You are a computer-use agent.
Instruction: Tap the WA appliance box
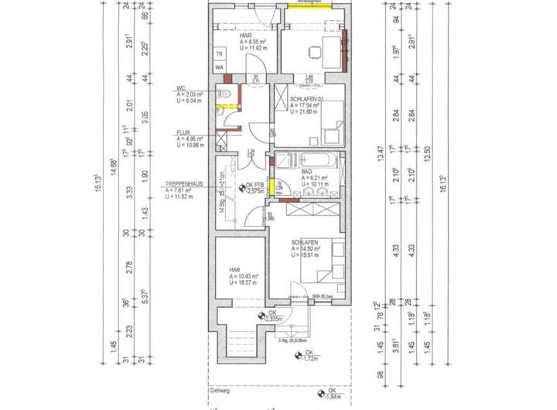click(220, 68)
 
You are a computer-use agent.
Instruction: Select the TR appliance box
click(220, 54)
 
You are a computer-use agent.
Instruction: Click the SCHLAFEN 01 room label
click(306, 100)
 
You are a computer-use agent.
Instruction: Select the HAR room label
click(234, 270)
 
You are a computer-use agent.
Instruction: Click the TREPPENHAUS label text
click(183, 185)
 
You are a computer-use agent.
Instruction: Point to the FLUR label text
click(183, 132)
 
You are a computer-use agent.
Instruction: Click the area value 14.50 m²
click(306, 249)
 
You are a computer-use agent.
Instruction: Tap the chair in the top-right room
click(316, 53)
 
